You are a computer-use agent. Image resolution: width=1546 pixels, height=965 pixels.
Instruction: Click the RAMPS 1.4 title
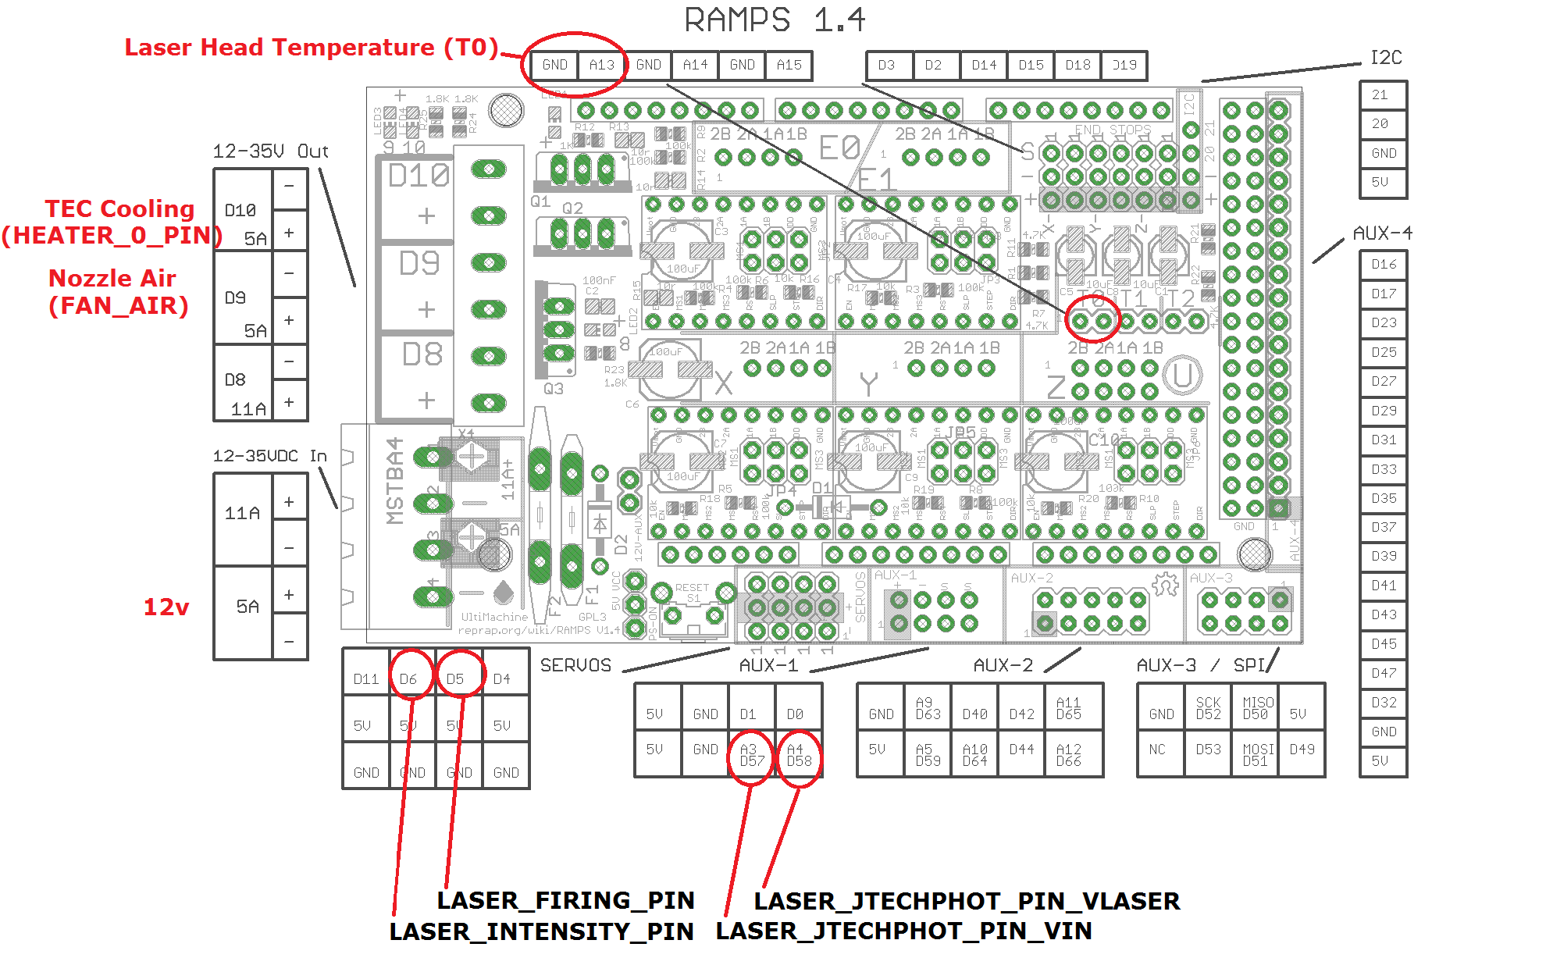point(775,20)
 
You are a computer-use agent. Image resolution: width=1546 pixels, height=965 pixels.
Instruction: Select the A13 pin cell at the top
point(602,65)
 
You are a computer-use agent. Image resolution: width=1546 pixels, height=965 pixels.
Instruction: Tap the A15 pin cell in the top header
point(789,65)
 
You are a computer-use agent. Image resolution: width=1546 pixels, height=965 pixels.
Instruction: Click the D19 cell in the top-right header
point(1124,65)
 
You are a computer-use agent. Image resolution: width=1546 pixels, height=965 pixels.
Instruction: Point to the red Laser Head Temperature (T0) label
point(311,48)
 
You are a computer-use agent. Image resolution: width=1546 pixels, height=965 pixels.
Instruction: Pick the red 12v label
point(166,607)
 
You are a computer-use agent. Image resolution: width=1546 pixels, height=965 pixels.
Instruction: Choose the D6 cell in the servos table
point(408,679)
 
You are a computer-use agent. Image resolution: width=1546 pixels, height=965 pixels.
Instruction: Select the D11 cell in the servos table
point(365,679)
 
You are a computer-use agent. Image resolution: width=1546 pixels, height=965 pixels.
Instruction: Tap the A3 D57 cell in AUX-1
point(752,754)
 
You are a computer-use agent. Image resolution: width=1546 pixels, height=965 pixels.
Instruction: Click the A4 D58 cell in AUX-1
point(799,754)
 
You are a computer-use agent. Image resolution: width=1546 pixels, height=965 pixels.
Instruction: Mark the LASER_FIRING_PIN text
point(565,900)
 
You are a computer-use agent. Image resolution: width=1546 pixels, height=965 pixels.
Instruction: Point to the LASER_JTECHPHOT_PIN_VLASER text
point(967,901)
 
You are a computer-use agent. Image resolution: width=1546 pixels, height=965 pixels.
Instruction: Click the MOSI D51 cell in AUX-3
point(1255,754)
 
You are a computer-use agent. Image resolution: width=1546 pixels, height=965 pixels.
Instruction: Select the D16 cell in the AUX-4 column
point(1383,265)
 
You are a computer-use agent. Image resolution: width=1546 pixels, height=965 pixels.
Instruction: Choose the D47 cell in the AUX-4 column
point(1383,673)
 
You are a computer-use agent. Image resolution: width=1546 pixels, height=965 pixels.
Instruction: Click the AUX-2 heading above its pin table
point(1003,665)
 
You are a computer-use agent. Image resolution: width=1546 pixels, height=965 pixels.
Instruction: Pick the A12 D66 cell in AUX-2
point(1068,754)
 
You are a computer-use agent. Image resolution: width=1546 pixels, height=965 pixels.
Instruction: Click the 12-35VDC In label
point(269,456)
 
